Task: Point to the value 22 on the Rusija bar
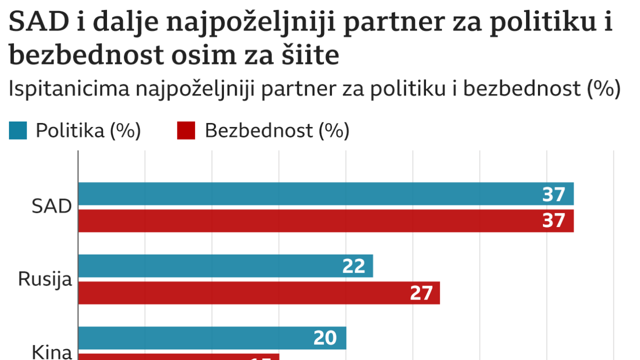click(x=353, y=266)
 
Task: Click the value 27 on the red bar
click(x=421, y=293)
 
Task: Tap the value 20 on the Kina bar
click(x=325, y=338)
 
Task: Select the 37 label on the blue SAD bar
click(x=553, y=194)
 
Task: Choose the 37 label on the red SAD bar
click(x=553, y=220)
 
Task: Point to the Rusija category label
click(x=45, y=279)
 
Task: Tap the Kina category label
click(x=52, y=352)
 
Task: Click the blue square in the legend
click(x=18, y=131)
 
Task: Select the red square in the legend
click(x=186, y=131)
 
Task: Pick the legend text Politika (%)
click(x=88, y=131)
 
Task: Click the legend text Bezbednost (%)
click(x=276, y=131)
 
